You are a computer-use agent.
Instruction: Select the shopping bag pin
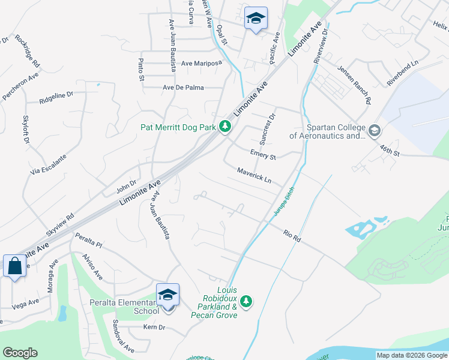coord(14,266)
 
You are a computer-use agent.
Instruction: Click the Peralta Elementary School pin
coord(167,295)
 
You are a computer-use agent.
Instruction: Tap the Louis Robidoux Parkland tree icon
coord(245,300)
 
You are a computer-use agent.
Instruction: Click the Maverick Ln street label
coord(254,175)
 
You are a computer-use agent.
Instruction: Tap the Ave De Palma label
coord(184,88)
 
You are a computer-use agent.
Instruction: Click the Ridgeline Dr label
coord(56,95)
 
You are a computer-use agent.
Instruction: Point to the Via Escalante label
coord(48,163)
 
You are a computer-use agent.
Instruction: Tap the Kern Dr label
coord(154,328)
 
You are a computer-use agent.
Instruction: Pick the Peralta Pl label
coord(89,242)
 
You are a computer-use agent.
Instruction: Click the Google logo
coord(20,353)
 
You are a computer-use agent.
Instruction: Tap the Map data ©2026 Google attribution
coord(412,355)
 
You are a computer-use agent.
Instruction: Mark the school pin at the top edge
coord(256,19)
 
